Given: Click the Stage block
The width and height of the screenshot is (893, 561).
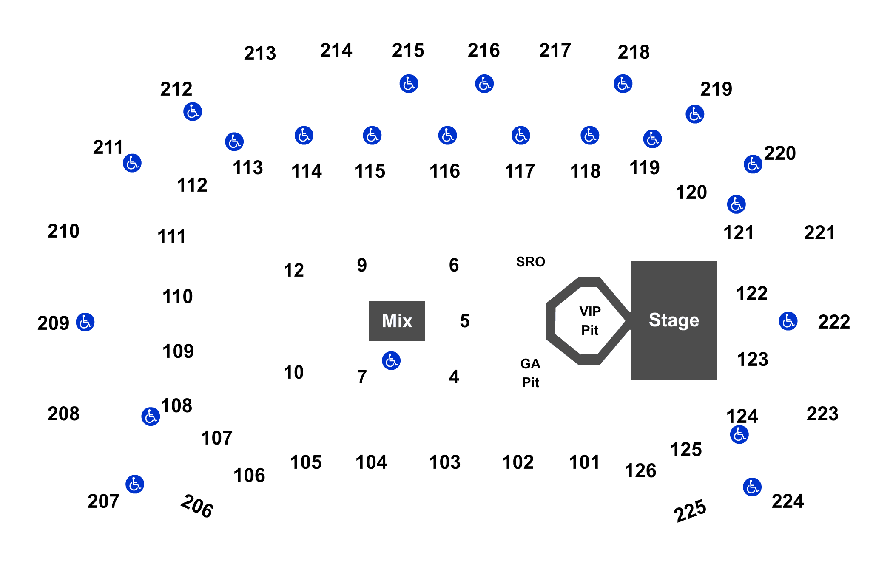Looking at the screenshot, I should pyautogui.click(x=674, y=320).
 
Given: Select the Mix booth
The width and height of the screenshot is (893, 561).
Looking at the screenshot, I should pyautogui.click(x=397, y=321).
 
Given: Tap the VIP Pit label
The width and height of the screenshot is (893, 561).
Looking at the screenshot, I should pyautogui.click(x=590, y=320).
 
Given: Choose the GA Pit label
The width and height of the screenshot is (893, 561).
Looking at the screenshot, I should pyautogui.click(x=530, y=373).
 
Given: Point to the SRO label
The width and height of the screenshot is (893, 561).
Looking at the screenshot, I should pyautogui.click(x=530, y=262).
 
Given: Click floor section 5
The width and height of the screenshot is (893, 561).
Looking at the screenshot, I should pyautogui.click(x=464, y=321).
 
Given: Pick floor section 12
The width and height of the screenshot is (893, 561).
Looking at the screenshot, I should pyautogui.click(x=293, y=270).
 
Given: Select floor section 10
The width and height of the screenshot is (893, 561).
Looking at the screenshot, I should pyautogui.click(x=293, y=373).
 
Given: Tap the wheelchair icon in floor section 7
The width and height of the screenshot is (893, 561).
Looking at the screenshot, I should pyautogui.click(x=391, y=361).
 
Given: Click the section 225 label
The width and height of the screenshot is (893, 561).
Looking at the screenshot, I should pyautogui.click(x=690, y=510).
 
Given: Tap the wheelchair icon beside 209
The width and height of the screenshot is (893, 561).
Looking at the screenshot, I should pyautogui.click(x=85, y=322).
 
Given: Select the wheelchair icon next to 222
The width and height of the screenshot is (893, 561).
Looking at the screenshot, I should pyautogui.click(x=788, y=321).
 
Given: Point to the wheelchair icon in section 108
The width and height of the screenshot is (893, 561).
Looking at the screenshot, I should pyautogui.click(x=151, y=416).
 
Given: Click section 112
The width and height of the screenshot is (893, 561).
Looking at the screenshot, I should pyautogui.click(x=192, y=185).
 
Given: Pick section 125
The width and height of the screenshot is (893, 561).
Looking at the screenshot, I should pyautogui.click(x=686, y=450).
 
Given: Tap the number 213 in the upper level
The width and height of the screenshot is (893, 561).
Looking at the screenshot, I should pyautogui.click(x=260, y=54).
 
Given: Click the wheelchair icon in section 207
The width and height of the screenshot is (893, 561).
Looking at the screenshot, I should pyautogui.click(x=135, y=484).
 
